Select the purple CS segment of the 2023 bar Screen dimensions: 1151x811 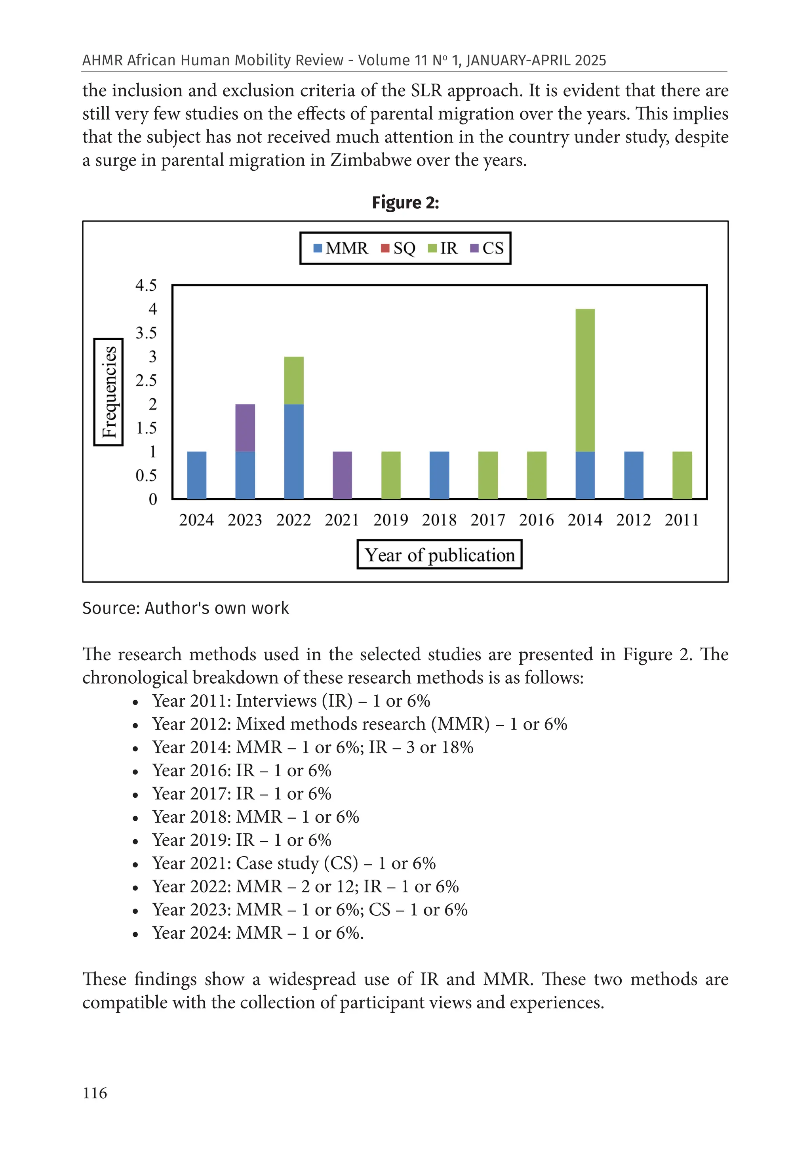point(245,428)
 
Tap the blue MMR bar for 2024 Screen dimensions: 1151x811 point(196,475)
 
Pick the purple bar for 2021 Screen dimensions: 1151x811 point(343,475)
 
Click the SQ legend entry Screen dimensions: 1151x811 point(398,248)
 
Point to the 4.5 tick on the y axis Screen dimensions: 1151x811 point(146,285)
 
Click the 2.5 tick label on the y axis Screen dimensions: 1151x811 point(146,381)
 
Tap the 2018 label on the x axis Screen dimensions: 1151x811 point(439,520)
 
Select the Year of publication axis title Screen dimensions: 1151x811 point(440,555)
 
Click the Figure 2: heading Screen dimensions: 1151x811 point(405,202)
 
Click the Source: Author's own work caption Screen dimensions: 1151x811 point(185,608)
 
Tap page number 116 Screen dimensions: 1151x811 point(95,1093)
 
